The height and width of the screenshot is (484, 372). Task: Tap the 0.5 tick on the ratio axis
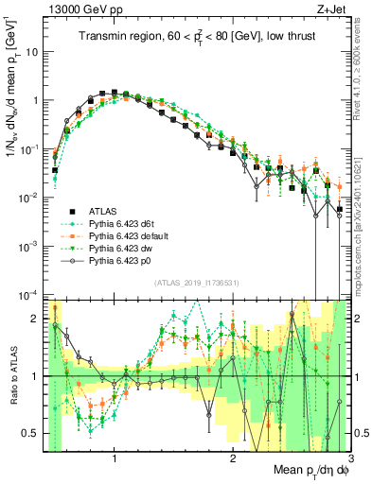pyautogui.click(x=35, y=433)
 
